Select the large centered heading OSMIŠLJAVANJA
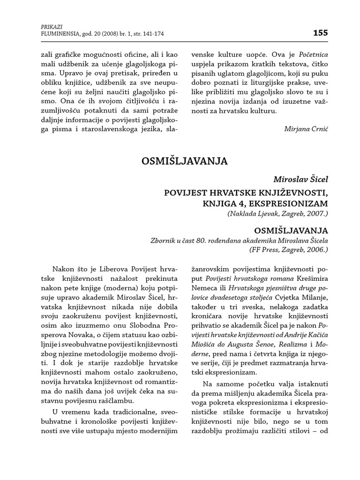click(x=184, y=161)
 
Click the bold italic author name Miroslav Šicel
click(x=301, y=179)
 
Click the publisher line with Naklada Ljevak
click(x=278, y=214)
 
